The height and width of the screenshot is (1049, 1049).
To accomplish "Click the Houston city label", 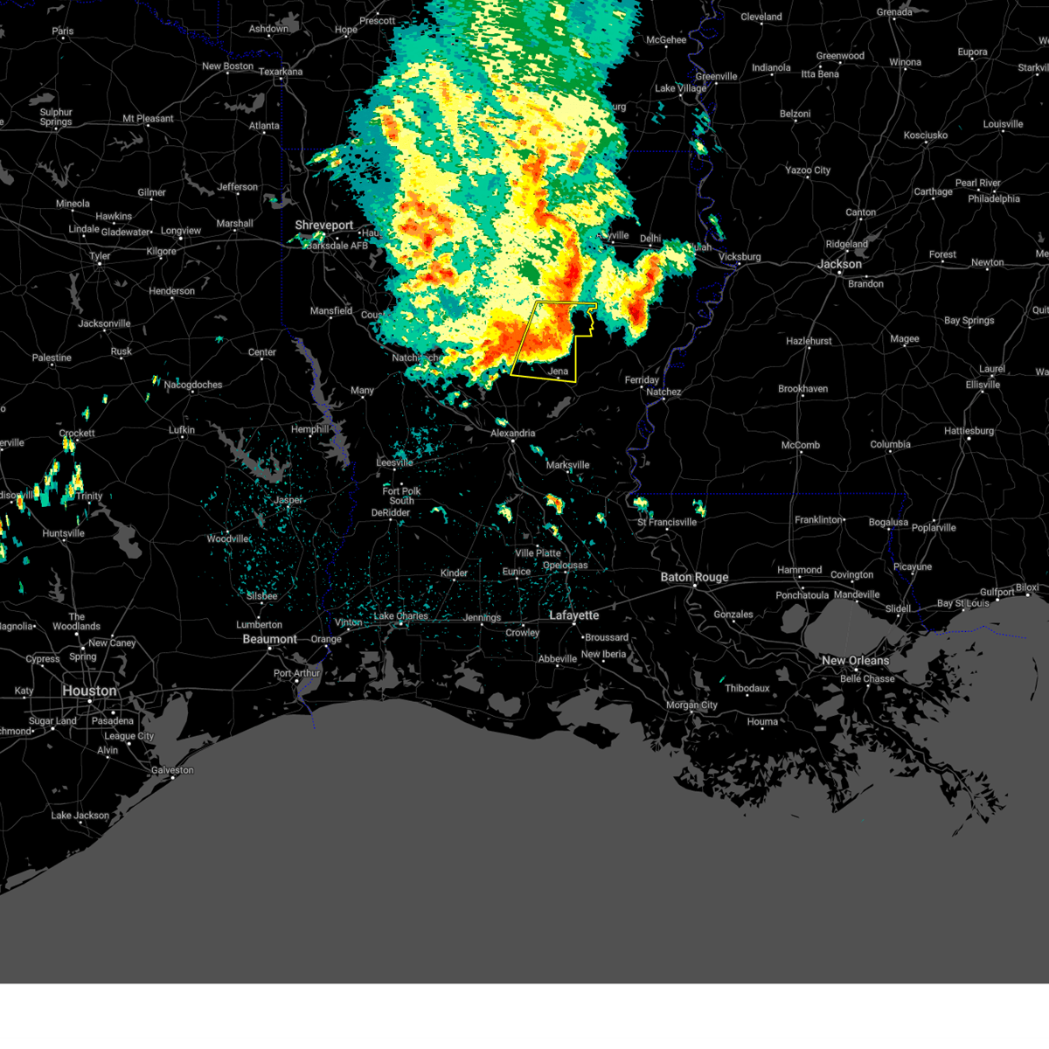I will tap(89, 691).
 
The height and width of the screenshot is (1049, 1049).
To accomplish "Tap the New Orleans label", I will tap(855, 660).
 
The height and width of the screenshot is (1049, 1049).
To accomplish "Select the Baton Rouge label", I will tap(694, 577).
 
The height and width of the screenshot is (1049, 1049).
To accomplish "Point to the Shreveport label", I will tap(323, 225).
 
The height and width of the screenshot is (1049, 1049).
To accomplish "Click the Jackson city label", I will tap(839, 264).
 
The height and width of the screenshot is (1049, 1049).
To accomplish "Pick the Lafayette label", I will tap(573, 615).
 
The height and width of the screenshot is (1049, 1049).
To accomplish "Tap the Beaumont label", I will tap(269, 639).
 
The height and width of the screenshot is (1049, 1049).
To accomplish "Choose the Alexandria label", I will tap(512, 433).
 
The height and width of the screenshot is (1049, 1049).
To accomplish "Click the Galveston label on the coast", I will tap(172, 770).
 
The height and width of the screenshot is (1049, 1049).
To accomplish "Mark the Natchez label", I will tap(663, 392).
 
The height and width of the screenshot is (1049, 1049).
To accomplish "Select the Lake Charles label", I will tap(401, 615).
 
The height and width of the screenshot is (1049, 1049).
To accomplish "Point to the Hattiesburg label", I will tap(969, 431).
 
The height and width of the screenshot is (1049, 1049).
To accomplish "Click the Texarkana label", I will tap(281, 72).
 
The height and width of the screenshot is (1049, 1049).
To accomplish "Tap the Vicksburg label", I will tap(740, 257).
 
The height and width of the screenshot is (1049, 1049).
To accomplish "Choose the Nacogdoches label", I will tap(193, 385).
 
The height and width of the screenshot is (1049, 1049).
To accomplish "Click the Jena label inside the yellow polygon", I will tap(558, 372).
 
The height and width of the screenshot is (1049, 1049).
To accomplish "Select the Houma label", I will tap(762, 721).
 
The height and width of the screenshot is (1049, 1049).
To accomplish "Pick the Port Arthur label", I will tap(297, 673).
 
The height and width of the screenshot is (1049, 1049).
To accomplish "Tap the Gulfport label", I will tap(997, 592).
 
